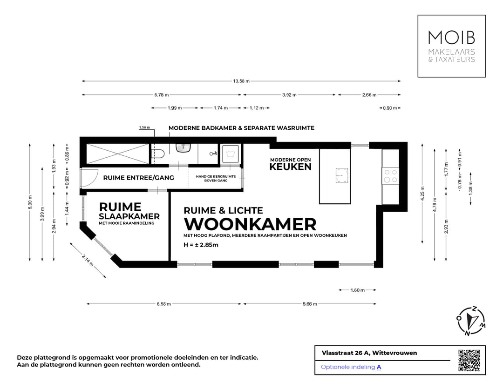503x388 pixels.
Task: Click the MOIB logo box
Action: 451,46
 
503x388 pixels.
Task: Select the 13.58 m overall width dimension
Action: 241,81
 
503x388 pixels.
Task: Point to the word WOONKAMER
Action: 250,224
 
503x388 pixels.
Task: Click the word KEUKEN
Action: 290,167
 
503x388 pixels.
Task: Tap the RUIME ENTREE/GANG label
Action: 138,178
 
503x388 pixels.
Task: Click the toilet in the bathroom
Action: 159,154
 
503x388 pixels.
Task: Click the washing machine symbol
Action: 230,153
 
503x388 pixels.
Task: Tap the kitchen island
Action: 335,176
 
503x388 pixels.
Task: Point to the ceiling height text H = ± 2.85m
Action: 201,245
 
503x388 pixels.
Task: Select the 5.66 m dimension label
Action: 309,304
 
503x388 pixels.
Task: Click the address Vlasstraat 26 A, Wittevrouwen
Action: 369,353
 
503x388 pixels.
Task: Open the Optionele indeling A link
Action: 351,367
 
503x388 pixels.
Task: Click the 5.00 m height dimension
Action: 30,203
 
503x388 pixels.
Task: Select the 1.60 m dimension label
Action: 357,290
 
